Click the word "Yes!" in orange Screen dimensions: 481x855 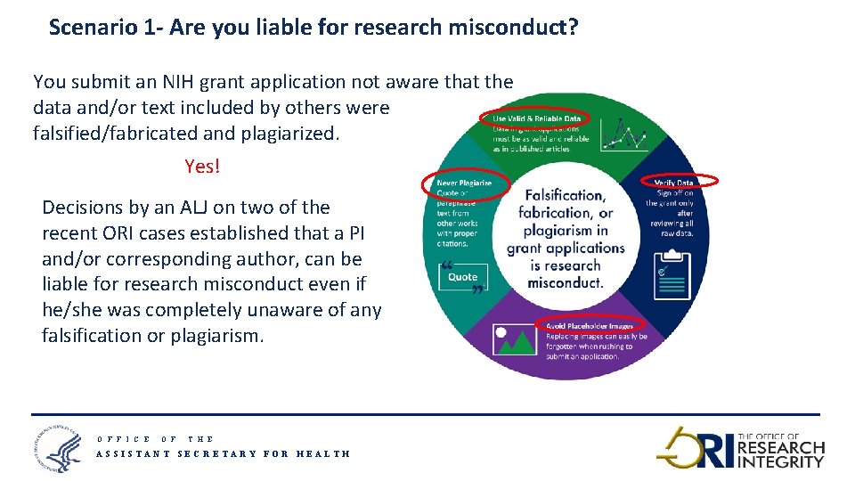tap(201, 166)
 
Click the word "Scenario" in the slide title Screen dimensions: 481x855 tap(90, 28)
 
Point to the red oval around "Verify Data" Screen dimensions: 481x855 tap(686, 182)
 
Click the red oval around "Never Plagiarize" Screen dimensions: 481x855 tap(466, 184)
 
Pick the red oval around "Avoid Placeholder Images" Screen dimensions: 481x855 tap(590, 325)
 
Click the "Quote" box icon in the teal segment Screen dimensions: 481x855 tap(462, 277)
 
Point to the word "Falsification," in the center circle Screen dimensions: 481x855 tap(565, 195)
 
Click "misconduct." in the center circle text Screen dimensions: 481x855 tap(565, 283)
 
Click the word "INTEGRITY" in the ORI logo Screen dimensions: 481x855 tap(779, 461)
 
